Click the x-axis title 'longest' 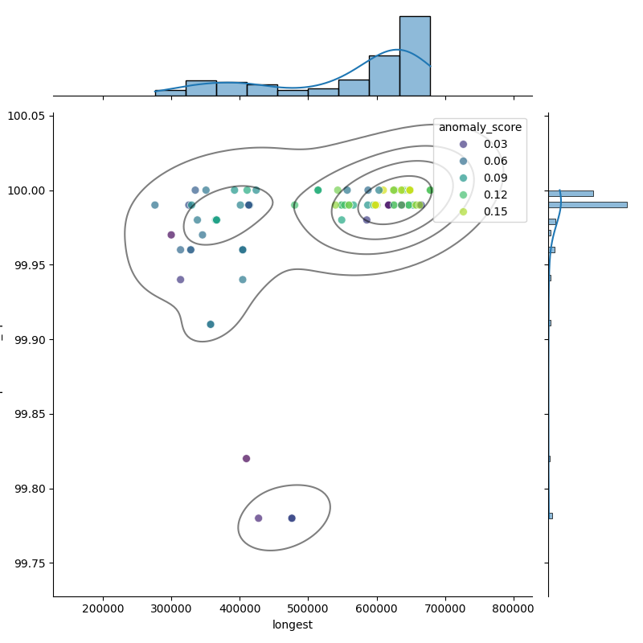tap(293, 625)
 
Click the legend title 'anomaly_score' tap(480, 127)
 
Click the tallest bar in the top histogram tap(415, 56)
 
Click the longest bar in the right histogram tap(587, 205)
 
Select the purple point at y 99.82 tap(247, 459)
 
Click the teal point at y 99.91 tap(211, 325)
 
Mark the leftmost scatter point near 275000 tap(155, 205)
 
